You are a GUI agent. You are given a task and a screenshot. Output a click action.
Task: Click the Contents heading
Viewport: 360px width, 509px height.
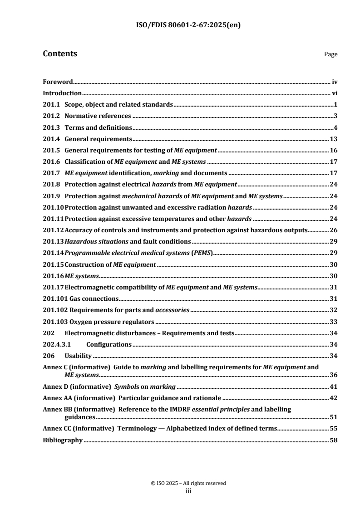59,54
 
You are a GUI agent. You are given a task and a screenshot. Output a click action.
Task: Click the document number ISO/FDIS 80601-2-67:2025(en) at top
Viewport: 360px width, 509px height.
180,25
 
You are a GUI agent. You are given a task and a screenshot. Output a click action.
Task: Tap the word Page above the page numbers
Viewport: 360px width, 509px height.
330,54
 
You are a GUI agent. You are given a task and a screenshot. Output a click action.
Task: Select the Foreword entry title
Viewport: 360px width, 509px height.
58,82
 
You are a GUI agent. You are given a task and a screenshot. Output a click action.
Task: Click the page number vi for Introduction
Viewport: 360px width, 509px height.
334,93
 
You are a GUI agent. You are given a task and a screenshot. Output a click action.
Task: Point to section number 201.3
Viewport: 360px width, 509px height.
51,127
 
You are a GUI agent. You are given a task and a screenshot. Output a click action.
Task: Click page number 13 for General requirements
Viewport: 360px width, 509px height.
333,138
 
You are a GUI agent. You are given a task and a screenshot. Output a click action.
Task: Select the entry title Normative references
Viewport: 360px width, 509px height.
98,116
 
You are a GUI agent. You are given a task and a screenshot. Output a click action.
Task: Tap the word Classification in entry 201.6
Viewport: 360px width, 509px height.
84,161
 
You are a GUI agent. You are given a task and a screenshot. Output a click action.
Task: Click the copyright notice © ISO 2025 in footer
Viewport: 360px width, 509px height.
188,483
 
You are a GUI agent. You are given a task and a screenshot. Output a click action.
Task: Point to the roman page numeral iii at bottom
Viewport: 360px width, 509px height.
188,490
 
